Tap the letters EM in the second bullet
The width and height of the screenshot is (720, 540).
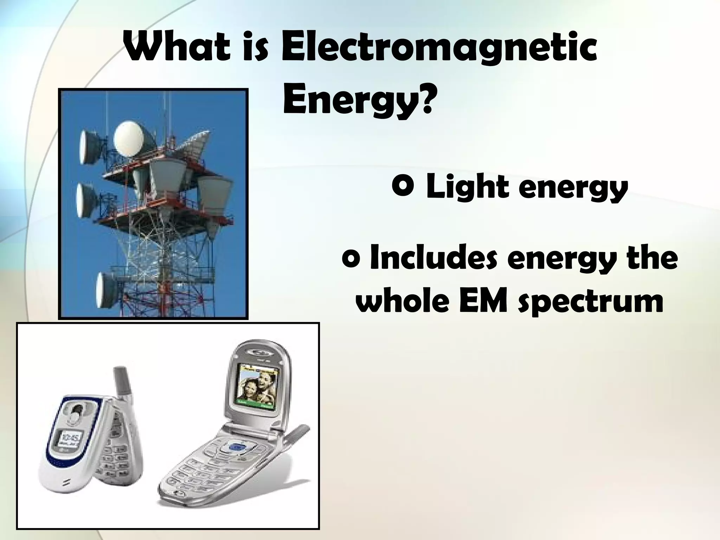(x=482, y=301)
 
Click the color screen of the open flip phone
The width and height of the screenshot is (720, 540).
(x=256, y=387)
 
